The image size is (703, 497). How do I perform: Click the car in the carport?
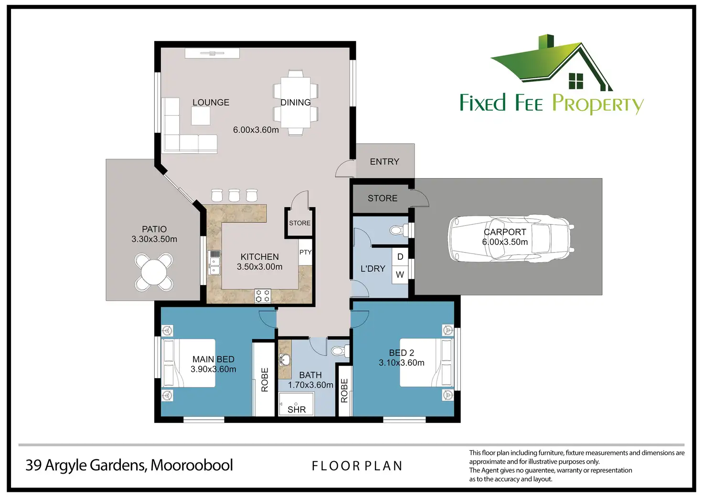(x=511, y=238)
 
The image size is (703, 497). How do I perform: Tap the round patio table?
(x=154, y=272)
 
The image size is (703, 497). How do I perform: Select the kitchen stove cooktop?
(x=263, y=296)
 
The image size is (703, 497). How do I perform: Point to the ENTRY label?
(x=384, y=161)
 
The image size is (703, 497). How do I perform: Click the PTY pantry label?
(x=305, y=252)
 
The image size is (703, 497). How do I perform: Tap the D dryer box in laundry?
(x=400, y=257)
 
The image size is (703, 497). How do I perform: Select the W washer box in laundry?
(x=400, y=275)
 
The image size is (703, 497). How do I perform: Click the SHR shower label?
(x=297, y=410)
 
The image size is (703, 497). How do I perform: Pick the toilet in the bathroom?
(x=340, y=351)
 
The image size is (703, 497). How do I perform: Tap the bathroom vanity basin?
(x=285, y=360)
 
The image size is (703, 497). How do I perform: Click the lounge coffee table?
(x=201, y=116)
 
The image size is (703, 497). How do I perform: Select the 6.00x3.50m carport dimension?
(x=505, y=242)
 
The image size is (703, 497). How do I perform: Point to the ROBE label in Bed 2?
(x=344, y=391)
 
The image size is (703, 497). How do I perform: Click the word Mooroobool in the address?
(x=192, y=465)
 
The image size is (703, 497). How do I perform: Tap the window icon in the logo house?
(x=576, y=81)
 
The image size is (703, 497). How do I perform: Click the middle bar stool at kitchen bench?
(x=234, y=195)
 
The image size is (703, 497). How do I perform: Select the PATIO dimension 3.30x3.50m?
(x=154, y=239)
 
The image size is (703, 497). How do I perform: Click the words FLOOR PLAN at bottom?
(x=357, y=466)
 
